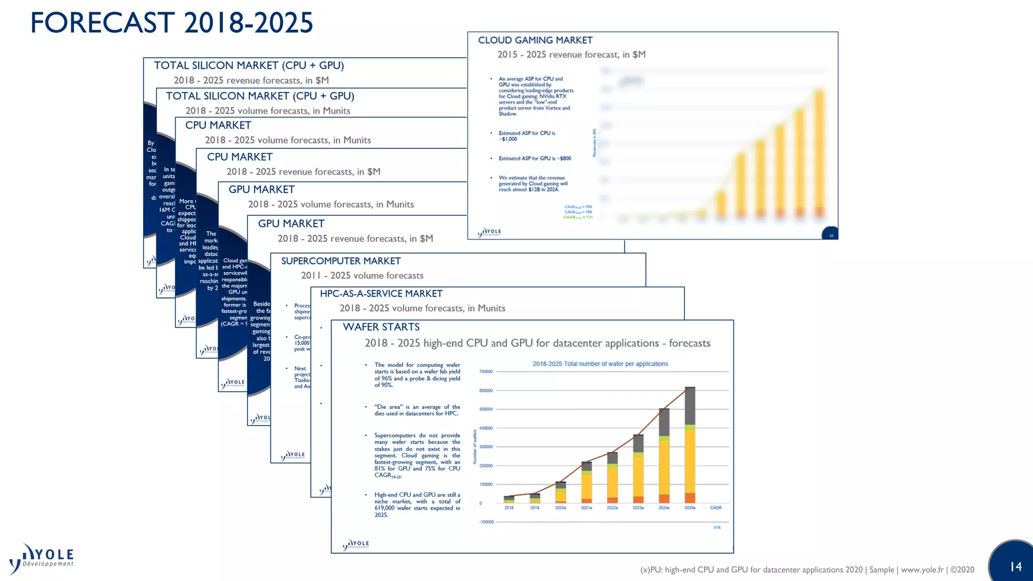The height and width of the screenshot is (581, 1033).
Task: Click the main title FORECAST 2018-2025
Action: tap(171, 23)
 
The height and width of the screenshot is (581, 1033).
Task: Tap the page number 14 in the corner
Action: tap(1016, 566)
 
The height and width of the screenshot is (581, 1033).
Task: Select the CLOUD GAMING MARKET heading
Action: tap(535, 40)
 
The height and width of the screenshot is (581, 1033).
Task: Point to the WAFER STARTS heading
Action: tap(381, 327)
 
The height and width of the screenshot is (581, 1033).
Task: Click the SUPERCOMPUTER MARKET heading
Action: tap(341, 261)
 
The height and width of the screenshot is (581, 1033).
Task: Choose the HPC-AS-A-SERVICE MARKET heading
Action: tap(381, 294)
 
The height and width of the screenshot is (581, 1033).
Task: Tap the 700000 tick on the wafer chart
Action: tap(486, 372)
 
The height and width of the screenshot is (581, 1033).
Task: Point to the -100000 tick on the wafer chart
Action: tap(487, 522)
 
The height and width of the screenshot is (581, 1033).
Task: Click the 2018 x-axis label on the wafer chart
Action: tap(509, 508)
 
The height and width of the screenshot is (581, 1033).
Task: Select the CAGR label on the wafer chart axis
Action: tap(716, 508)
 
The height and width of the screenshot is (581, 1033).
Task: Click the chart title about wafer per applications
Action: tap(600, 364)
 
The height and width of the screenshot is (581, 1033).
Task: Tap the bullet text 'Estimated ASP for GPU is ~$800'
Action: tap(535, 158)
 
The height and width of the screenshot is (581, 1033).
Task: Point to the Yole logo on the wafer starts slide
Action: tap(356, 545)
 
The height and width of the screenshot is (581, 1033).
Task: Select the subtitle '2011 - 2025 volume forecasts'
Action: tap(362, 275)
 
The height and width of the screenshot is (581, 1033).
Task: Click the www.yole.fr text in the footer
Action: tap(922, 570)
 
